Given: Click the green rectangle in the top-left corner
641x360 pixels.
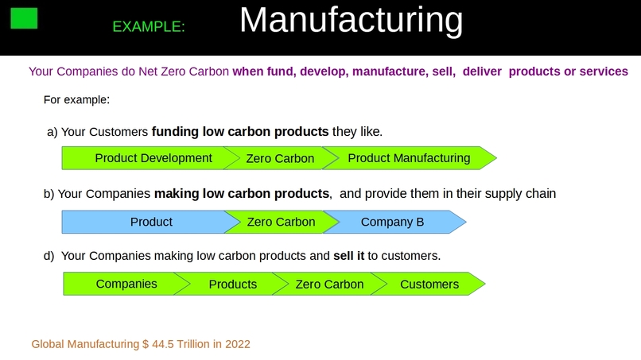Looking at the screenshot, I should point(24,17).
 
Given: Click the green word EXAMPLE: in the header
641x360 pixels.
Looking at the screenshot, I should point(149,26).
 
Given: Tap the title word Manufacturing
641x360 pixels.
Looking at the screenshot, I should point(351,20).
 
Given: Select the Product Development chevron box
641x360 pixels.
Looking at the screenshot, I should point(148,158).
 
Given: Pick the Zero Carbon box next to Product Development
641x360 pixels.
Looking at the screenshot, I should point(280,158).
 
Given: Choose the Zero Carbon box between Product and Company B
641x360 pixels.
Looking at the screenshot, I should point(281,222).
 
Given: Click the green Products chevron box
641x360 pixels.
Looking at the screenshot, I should point(231,284).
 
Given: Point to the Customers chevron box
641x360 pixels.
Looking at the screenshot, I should point(429,284).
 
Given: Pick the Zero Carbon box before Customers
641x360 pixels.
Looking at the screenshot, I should point(329,284).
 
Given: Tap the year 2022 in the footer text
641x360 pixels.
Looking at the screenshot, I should point(237,344).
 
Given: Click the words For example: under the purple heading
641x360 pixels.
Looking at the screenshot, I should point(76,100).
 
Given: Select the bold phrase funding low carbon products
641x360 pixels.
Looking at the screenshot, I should point(239,131).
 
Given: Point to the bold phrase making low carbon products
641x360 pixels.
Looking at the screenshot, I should point(242,192).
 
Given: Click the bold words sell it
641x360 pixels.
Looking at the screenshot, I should point(348,256).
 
